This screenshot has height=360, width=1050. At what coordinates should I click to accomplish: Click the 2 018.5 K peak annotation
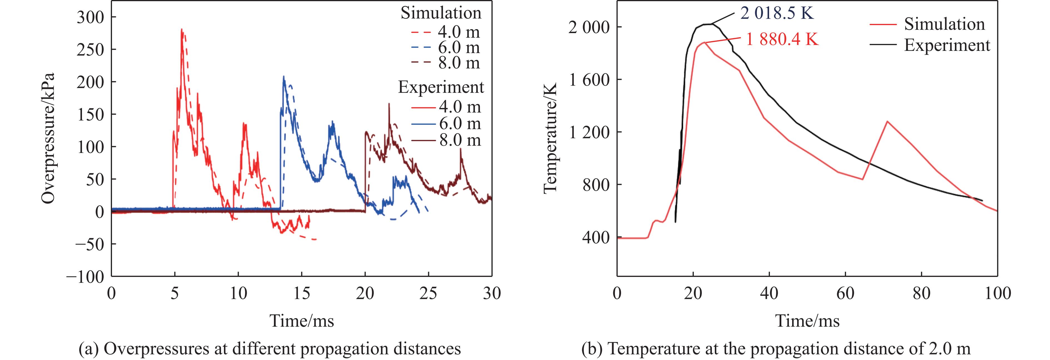point(777,13)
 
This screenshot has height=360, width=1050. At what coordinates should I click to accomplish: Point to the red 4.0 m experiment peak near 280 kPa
point(182,29)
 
